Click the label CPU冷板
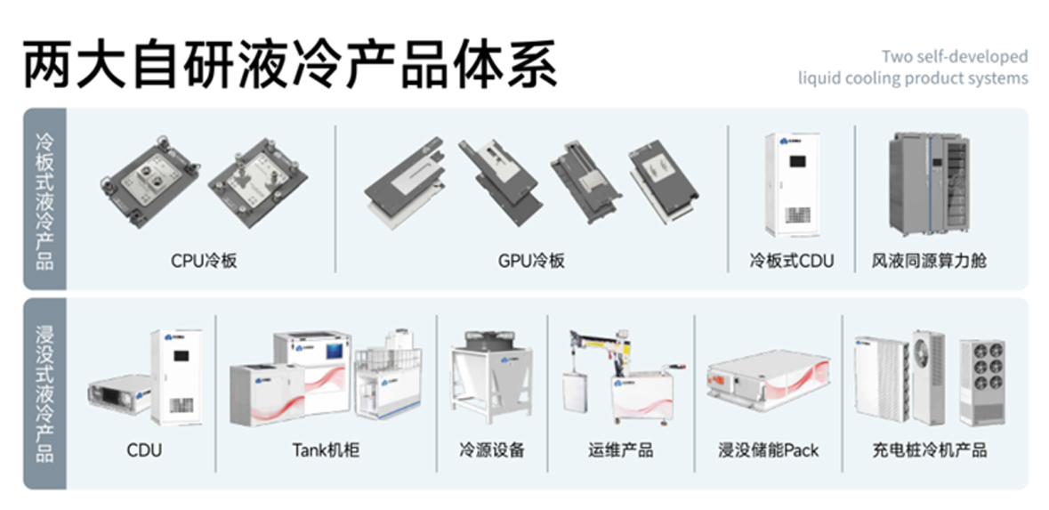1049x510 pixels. point(204,262)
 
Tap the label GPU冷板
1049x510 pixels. point(531,262)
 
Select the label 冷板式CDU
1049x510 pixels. point(791,262)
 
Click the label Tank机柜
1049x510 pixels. point(326,450)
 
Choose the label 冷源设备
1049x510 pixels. point(492,450)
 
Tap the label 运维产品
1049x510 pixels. point(620,450)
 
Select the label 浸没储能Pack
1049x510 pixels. point(768,450)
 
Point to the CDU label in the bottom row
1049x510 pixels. point(144,450)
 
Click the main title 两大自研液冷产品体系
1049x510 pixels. point(290,63)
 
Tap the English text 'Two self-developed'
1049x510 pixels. point(954,57)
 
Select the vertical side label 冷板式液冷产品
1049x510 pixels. point(45,200)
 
